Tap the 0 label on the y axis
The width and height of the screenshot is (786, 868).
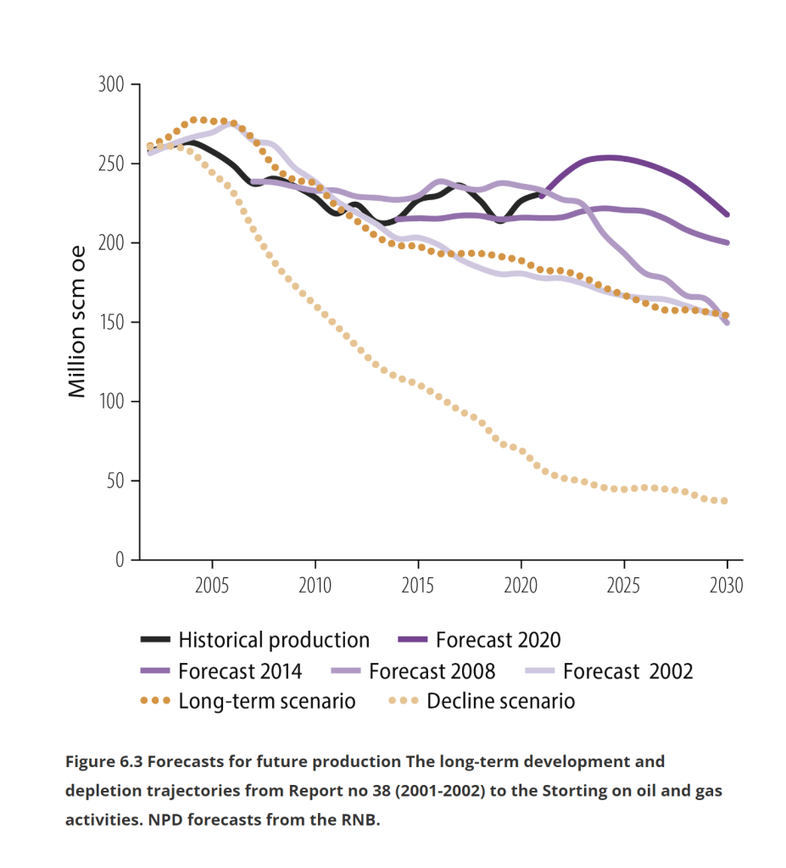pyautogui.click(x=120, y=559)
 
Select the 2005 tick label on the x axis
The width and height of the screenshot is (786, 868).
pyautogui.click(x=212, y=585)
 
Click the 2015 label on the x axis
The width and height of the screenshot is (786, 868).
pyautogui.click(x=418, y=585)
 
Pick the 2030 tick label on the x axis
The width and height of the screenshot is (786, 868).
pyautogui.click(x=727, y=585)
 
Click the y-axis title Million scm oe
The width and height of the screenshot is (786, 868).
pyautogui.click(x=77, y=322)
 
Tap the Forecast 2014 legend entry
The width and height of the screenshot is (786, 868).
pyautogui.click(x=240, y=671)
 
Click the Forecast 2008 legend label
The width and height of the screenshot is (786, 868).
pyautogui.click(x=432, y=671)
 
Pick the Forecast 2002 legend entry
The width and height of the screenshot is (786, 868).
pyautogui.click(x=627, y=671)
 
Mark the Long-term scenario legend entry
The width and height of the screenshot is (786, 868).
pyautogui.click(x=266, y=702)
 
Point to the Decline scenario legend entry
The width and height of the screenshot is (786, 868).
pyautogui.click(x=500, y=702)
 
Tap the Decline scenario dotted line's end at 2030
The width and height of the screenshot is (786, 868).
pyautogui.click(x=726, y=501)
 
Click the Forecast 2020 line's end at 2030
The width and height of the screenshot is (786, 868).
pyautogui.click(x=727, y=214)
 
